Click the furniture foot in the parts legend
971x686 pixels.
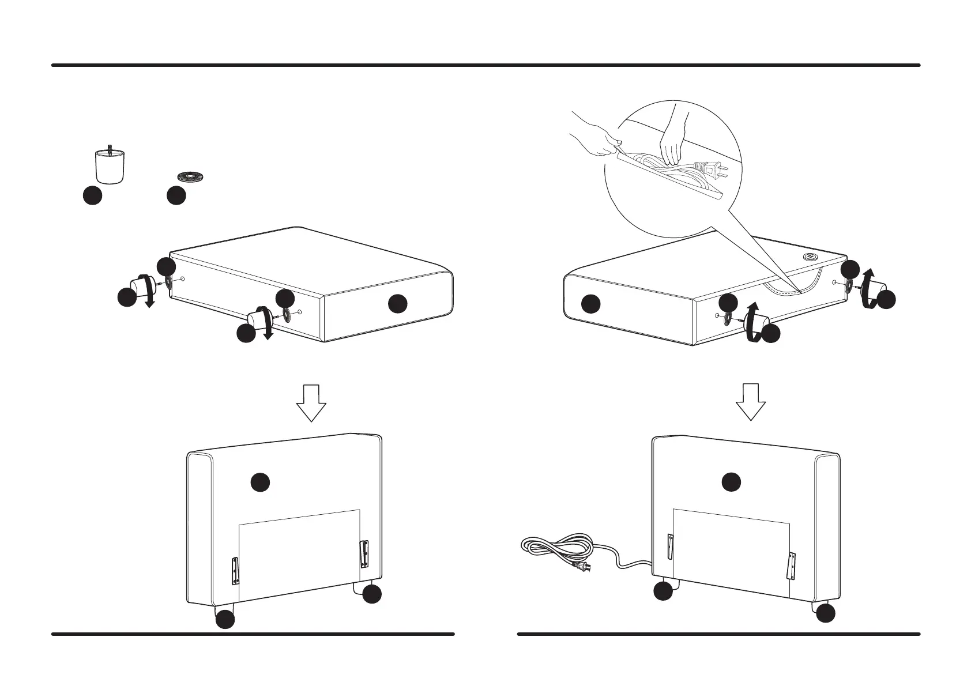(x=110, y=167)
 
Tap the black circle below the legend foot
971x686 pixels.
(x=92, y=196)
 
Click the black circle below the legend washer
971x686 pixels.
(x=176, y=196)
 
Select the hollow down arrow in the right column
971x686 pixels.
(x=751, y=402)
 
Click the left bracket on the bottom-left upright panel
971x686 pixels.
(x=235, y=570)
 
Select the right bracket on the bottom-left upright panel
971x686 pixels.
(x=364, y=553)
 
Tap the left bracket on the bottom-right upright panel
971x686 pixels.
(x=669, y=546)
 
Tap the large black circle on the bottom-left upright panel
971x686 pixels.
(x=261, y=482)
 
